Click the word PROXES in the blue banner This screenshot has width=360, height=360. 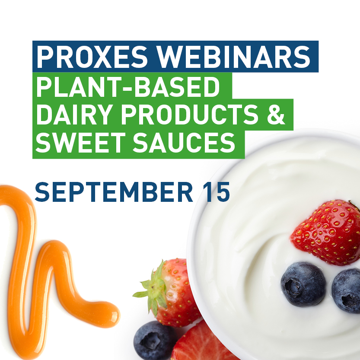[x=92, y=57]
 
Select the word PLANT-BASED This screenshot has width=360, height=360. [x=128, y=87]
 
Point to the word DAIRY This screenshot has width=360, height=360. [x=74, y=114]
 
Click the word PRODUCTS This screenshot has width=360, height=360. [x=190, y=114]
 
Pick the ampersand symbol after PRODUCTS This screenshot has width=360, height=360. [x=276, y=114]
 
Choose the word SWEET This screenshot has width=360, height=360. [x=80, y=142]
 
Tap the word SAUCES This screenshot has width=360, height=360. [x=184, y=142]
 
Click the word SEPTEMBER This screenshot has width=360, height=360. [x=114, y=192]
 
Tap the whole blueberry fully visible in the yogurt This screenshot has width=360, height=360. [x=303, y=284]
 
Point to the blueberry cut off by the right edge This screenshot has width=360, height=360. [x=347, y=291]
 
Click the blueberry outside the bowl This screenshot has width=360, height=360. [x=154, y=341]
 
